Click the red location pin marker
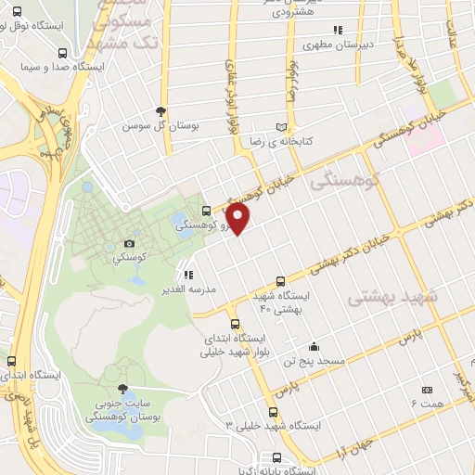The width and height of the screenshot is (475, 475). click(238, 220)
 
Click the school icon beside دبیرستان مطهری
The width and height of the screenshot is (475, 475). click(338, 30)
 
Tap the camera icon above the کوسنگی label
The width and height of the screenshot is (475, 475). click(128, 244)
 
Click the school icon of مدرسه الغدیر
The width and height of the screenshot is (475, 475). click(188, 275)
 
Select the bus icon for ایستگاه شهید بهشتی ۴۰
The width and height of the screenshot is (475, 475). click(281, 281)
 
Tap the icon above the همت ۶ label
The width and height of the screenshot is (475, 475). click(427, 391)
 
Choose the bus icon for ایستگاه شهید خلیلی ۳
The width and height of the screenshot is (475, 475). click(272, 412)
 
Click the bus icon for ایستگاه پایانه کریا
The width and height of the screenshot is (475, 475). click(277, 457)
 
